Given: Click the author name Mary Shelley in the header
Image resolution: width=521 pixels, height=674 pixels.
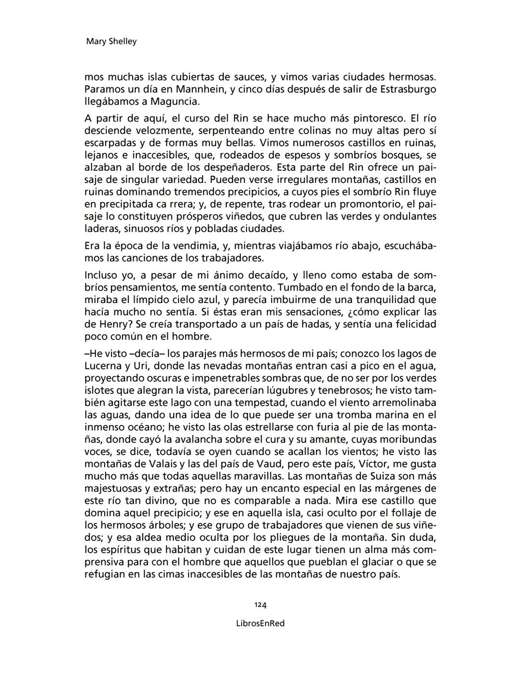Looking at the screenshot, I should (111, 41).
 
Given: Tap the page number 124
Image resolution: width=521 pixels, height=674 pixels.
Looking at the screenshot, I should (260, 605).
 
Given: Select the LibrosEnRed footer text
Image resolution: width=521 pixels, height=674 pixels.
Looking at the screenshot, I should (260, 623).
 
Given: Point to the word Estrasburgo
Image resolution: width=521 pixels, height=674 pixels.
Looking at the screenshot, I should (408, 89).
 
